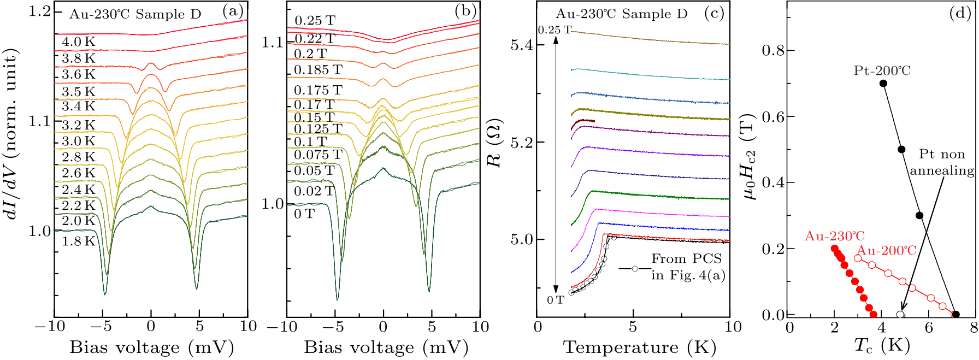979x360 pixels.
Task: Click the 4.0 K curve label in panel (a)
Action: [79, 42]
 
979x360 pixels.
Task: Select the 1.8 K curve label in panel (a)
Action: [79, 241]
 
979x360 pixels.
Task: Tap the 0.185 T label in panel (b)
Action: [318, 70]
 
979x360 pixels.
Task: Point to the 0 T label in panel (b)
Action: [304, 214]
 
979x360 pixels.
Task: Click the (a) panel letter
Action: [233, 12]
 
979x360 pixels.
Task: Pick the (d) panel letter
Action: [960, 14]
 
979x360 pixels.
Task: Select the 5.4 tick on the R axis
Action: [522, 45]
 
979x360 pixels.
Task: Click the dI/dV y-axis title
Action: [13, 134]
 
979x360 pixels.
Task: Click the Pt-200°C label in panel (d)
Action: [882, 70]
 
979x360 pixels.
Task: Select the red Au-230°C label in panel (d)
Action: [834, 236]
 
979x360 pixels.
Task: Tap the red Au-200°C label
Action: [886, 251]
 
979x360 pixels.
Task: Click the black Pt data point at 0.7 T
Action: [883, 83]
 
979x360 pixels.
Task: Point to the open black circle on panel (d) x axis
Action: [900, 315]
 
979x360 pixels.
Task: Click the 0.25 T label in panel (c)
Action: [554, 30]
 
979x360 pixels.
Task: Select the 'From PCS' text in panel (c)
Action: [686, 258]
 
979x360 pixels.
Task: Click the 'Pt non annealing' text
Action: [942, 162]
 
